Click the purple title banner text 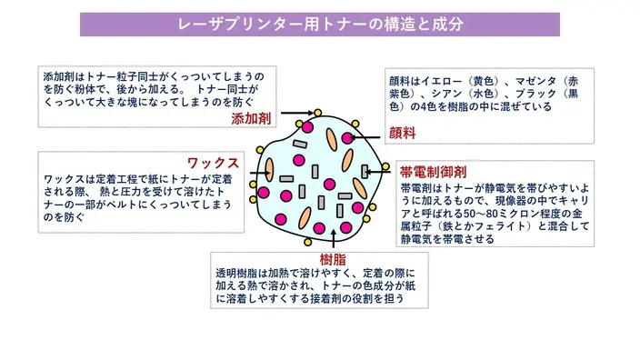320,25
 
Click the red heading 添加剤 251,119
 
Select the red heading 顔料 402,133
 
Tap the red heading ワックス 213,164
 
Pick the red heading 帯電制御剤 433,172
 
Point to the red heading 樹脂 333,259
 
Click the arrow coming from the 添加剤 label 297,113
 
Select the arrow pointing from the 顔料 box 365,137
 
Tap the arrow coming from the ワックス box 259,173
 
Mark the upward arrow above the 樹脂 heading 334,239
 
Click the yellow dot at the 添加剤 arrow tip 317,113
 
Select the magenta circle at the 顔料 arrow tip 347,138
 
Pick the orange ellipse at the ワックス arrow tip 269,170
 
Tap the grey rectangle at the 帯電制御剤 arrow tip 365,172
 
